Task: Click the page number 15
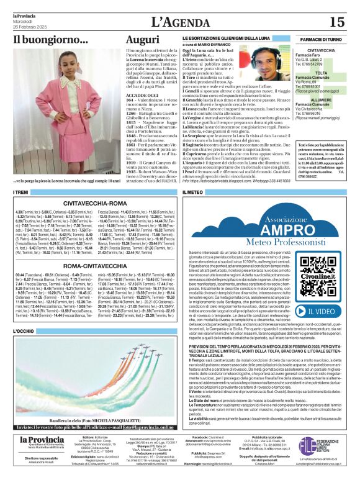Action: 336,22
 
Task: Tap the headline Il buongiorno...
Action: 51,40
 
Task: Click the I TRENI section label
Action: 20,193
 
